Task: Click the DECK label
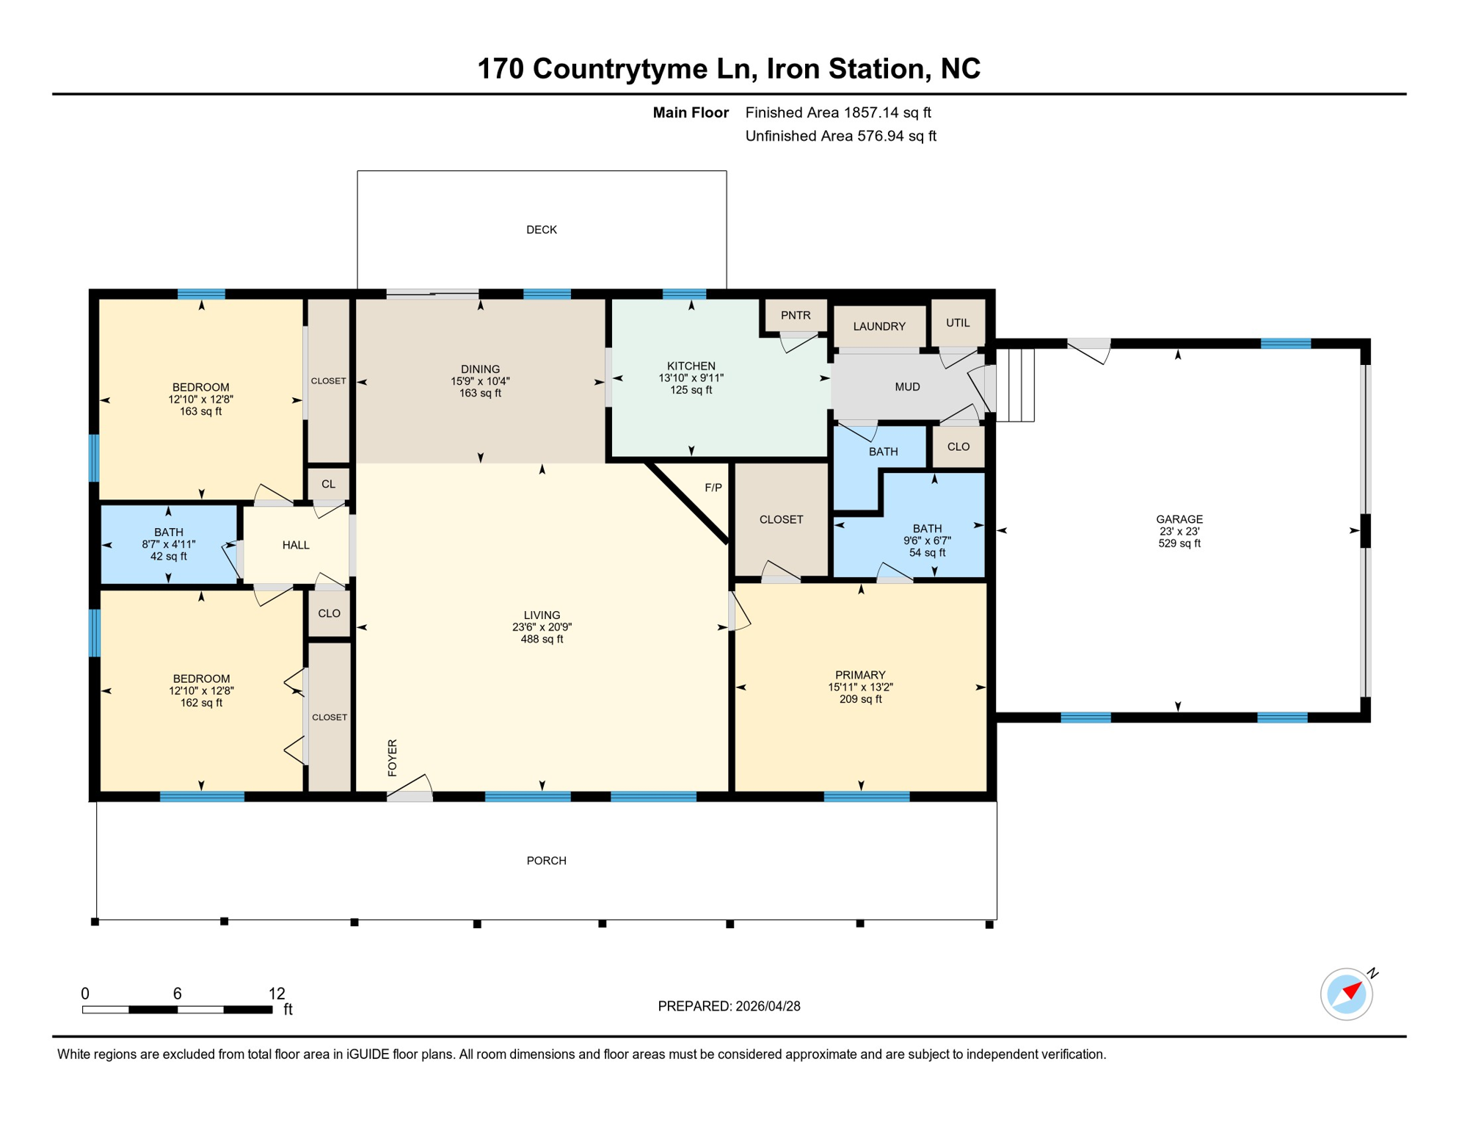tap(541, 230)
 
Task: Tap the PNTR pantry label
tap(795, 315)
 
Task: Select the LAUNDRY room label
tap(878, 326)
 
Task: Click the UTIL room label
tap(957, 322)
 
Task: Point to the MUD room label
tap(906, 387)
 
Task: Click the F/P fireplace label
tap(713, 488)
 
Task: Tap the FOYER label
tap(392, 758)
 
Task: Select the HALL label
tap(296, 545)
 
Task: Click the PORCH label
tap(546, 861)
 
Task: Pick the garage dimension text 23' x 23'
tap(1179, 532)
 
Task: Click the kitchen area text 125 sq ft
tap(691, 390)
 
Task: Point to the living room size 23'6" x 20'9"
tap(542, 627)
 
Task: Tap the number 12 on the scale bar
tap(277, 994)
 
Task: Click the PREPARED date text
tap(728, 1006)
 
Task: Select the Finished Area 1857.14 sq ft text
tap(837, 112)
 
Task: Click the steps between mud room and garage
tap(1016, 385)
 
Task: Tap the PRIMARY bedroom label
tap(859, 675)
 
